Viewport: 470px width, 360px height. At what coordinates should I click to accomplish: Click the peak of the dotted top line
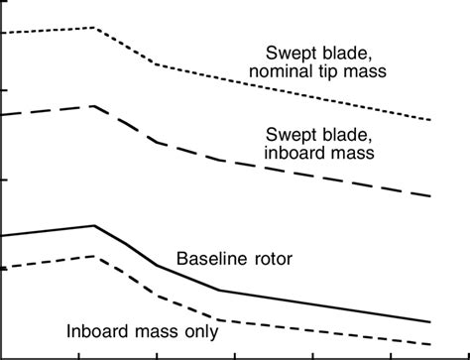coord(94,28)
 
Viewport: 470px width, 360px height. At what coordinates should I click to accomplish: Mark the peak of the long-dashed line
coord(94,105)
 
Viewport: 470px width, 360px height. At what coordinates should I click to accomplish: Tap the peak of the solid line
coord(95,225)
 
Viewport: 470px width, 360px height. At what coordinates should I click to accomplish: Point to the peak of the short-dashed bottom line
coord(94,255)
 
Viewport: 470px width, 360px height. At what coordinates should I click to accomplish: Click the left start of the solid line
coord(4,236)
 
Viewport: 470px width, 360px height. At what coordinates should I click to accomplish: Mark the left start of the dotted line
coord(4,34)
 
